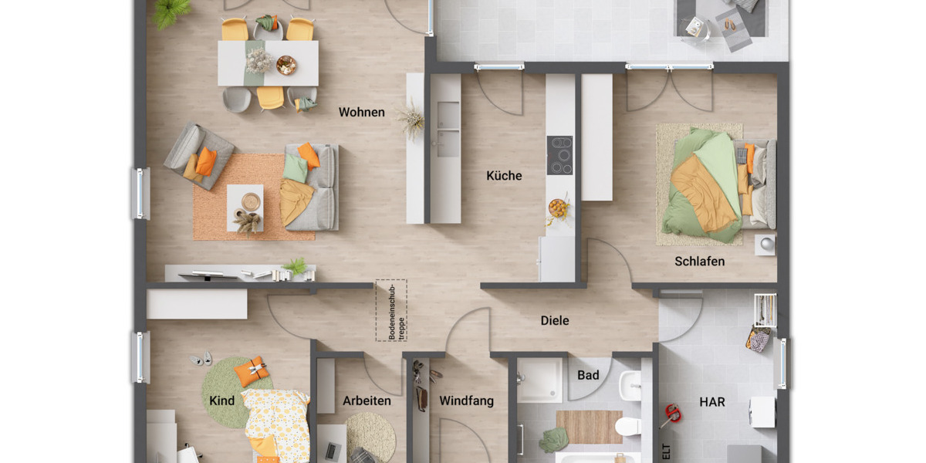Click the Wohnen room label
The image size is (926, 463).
click(x=361, y=113)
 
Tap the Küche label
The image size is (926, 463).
click(x=504, y=176)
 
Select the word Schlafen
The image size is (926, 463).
click(x=699, y=262)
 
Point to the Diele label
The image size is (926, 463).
click(x=554, y=320)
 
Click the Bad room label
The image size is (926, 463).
click(x=588, y=376)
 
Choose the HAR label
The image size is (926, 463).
click(x=711, y=402)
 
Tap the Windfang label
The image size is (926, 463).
click(x=466, y=401)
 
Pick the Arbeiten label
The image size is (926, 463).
click(x=367, y=401)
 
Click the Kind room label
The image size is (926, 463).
click(x=221, y=401)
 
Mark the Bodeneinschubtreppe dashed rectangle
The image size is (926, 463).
click(x=391, y=309)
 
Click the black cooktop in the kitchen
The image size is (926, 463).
click(x=559, y=155)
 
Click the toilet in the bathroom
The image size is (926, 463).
click(x=627, y=425)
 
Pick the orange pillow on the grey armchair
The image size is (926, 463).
click(x=206, y=161)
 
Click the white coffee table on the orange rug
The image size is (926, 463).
click(x=245, y=207)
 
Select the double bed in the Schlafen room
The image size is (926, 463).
click(x=714, y=184)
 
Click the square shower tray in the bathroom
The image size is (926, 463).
click(x=539, y=380)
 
